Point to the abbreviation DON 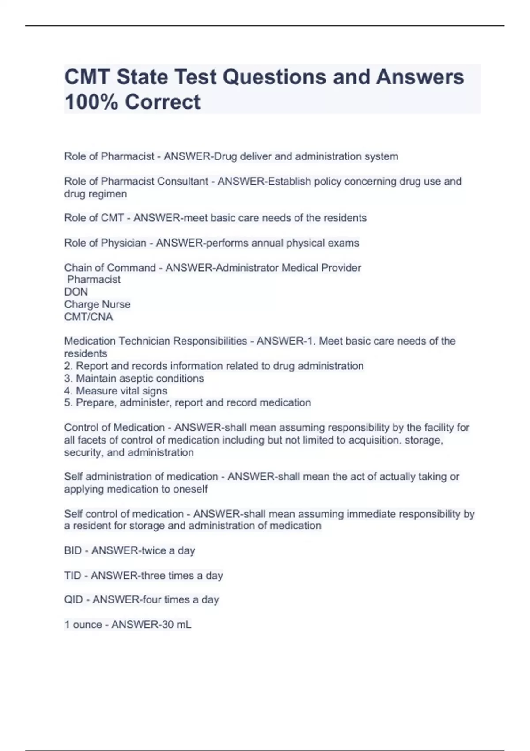76,292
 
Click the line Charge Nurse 97,304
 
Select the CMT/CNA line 88,317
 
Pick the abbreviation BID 73,551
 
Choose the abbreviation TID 72,576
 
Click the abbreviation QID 73,600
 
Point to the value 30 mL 176,625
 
